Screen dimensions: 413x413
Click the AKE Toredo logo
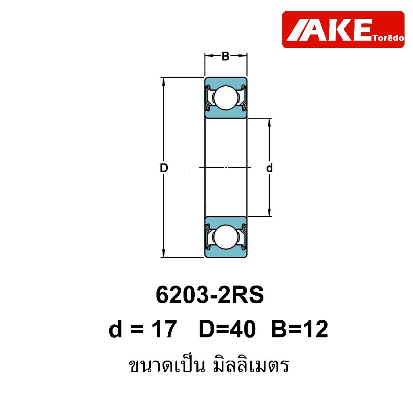(343, 29)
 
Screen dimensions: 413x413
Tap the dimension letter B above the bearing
(226, 56)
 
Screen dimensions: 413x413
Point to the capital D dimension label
(164, 168)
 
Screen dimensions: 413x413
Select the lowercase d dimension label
(269, 168)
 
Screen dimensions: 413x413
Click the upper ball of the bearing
(226, 97)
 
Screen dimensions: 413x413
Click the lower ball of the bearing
(226, 236)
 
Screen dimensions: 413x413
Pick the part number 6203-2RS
(210, 295)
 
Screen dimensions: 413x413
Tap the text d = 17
(142, 329)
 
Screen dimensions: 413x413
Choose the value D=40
(227, 329)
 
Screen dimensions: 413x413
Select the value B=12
(300, 329)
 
